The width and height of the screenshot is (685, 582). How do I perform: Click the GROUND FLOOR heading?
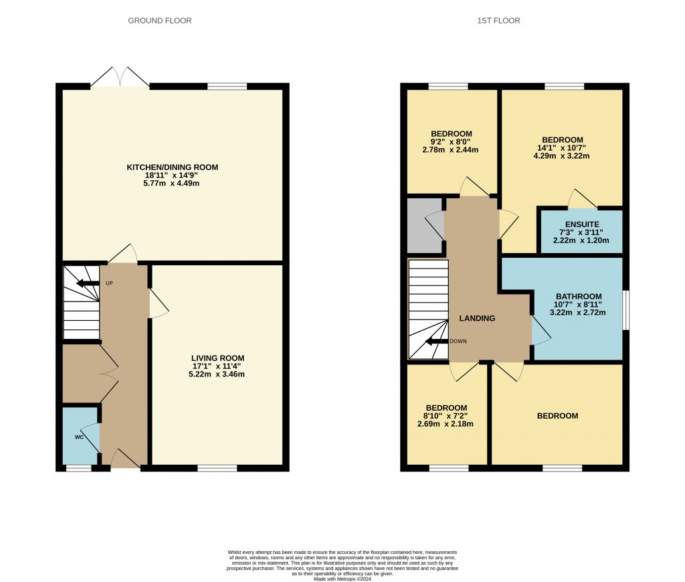tap(159, 21)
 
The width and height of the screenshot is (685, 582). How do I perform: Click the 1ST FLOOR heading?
tap(498, 21)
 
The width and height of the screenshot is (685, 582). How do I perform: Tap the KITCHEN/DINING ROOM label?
tap(172, 167)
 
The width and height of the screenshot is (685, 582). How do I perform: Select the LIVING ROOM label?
tap(217, 358)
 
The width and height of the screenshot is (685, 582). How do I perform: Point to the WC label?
tap(79, 437)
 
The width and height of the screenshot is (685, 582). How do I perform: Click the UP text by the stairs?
tap(109, 283)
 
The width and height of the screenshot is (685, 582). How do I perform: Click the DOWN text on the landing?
tap(458, 341)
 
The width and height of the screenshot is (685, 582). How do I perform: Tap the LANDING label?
tap(477, 318)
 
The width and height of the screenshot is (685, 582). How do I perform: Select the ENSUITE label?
tap(582, 224)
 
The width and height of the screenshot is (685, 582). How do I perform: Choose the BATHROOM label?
tap(579, 297)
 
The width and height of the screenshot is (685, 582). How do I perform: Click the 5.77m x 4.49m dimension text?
tap(171, 184)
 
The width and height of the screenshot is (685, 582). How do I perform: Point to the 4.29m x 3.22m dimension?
tap(561, 155)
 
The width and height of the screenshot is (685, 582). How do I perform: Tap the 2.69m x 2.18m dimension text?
tap(446, 424)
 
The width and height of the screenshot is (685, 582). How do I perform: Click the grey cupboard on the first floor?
tap(424, 226)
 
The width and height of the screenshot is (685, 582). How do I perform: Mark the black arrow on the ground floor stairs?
tap(88, 284)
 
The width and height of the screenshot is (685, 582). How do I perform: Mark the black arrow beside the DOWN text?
tap(437, 342)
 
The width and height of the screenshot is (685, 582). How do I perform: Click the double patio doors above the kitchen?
tap(120, 78)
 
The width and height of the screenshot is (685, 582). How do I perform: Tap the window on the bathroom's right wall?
tap(625, 310)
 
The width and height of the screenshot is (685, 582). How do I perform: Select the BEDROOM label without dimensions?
tap(557, 416)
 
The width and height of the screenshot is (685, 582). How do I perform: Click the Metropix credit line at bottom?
tap(342, 579)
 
